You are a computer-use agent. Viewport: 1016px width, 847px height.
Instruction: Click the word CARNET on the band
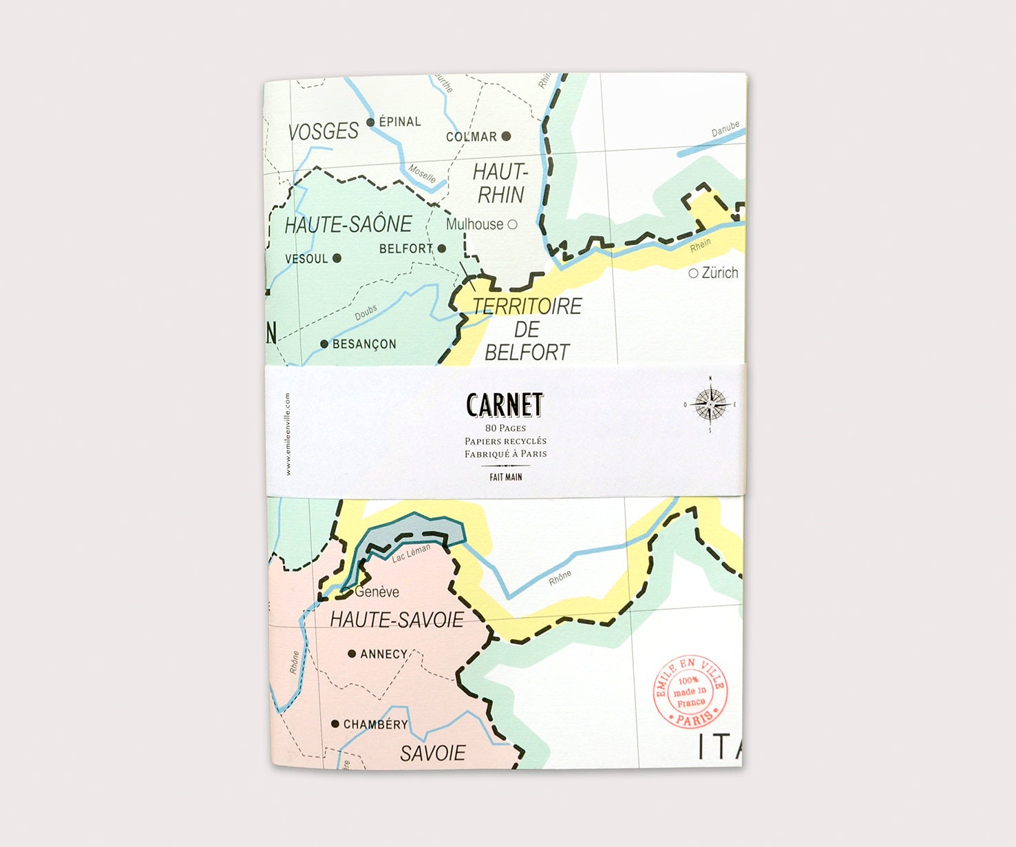[505, 405]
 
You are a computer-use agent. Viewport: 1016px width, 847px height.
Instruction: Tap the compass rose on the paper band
[710, 404]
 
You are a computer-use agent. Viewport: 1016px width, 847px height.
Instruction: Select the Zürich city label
[719, 273]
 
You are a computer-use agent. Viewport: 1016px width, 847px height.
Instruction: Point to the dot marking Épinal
[370, 123]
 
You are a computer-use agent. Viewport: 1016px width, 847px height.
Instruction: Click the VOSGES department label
[323, 131]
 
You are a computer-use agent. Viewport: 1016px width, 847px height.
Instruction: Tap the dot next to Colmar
[506, 136]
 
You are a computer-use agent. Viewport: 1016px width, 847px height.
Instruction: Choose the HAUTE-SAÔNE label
[348, 224]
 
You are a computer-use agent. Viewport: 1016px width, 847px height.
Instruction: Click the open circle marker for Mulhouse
[512, 224]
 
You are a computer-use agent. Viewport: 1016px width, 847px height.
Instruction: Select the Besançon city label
[364, 344]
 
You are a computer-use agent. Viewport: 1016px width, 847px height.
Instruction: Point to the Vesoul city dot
[337, 258]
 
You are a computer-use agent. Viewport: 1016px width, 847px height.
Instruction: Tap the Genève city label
[377, 592]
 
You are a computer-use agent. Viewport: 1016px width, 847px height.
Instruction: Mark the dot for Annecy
[352, 653]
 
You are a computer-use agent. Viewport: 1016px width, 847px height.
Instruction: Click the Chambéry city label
[375, 724]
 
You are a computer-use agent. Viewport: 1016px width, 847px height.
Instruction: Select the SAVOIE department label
[433, 753]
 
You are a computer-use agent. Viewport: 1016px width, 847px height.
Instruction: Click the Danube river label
[725, 129]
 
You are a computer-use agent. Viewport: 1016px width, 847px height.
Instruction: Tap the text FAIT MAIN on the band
[506, 477]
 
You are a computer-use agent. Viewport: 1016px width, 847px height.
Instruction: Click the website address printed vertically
[288, 434]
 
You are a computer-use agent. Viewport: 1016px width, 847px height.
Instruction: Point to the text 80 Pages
[505, 428]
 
